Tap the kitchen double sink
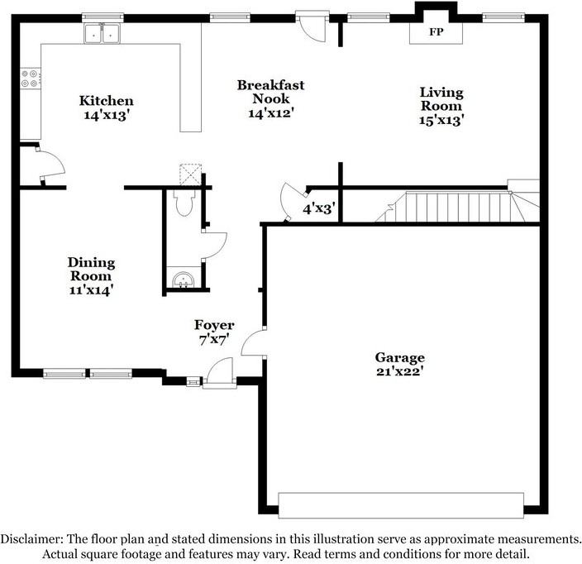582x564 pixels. click(103, 35)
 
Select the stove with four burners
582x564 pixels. click(31, 78)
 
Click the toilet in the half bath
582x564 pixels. click(184, 203)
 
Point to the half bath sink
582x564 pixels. click(183, 280)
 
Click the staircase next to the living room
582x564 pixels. click(455, 206)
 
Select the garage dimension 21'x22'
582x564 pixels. click(399, 371)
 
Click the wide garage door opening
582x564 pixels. click(400, 504)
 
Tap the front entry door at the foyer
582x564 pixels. click(220, 375)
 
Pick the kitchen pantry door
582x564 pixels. click(50, 161)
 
